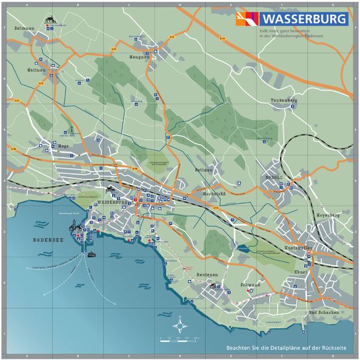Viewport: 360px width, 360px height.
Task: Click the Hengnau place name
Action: (139, 56)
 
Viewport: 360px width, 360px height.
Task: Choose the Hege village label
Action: (62, 146)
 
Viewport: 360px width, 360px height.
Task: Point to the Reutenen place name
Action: (207, 275)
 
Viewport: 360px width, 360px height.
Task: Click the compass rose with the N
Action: (180, 325)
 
